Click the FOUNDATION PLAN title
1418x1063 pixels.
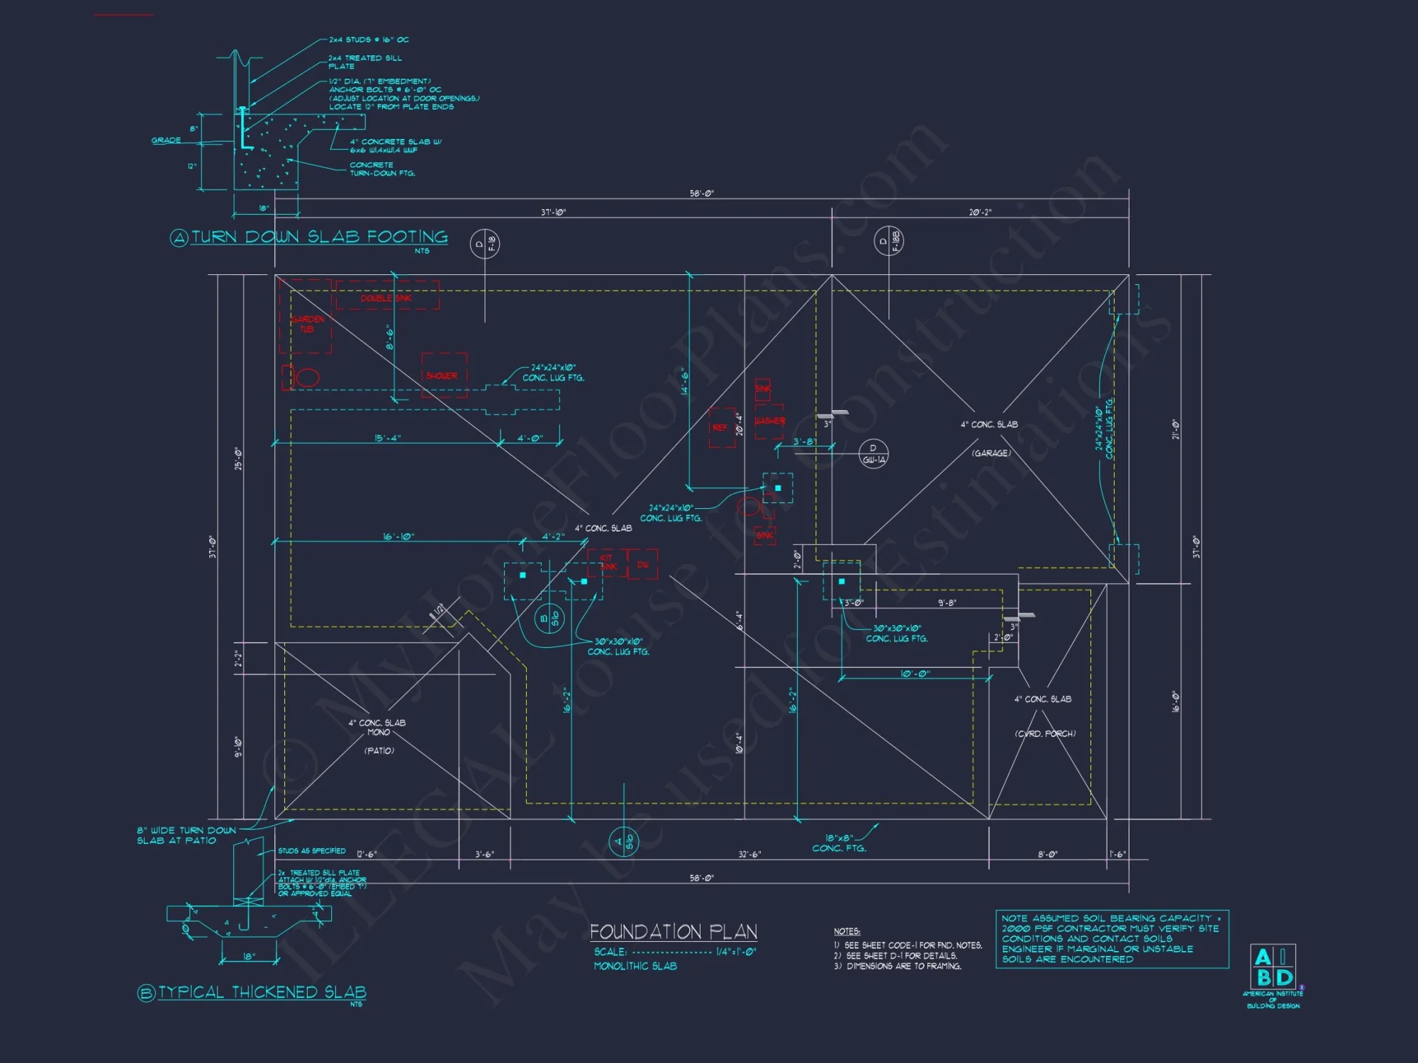point(674,931)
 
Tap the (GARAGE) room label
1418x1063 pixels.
point(991,453)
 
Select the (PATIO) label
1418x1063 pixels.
point(379,750)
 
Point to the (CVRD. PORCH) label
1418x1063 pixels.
point(1045,733)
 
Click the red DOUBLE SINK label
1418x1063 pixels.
point(386,298)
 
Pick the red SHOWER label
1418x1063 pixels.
point(442,376)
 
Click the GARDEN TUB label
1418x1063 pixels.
point(308,324)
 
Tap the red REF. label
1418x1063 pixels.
point(720,428)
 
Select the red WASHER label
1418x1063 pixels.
point(770,421)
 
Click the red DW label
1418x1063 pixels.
point(643,565)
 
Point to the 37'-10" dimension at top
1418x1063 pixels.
point(553,212)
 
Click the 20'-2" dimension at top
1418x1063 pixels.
point(981,212)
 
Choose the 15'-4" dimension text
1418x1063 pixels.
point(387,438)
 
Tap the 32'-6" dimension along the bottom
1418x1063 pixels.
point(749,855)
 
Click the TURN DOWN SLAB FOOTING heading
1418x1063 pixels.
point(319,237)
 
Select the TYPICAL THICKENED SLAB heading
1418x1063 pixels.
point(262,992)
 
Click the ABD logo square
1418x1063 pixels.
point(1273,967)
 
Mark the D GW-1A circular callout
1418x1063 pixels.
point(873,454)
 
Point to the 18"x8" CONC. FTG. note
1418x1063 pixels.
point(839,843)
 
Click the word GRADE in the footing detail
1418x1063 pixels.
point(166,140)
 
